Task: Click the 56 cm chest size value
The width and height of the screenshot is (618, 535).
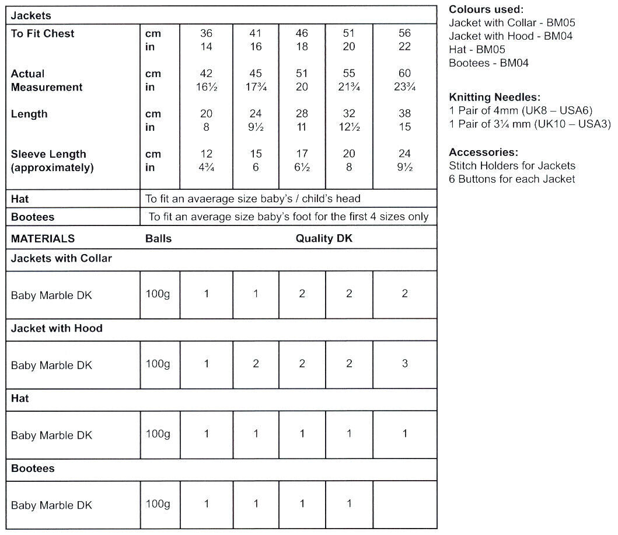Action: point(404,33)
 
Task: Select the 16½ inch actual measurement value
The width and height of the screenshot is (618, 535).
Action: point(206,87)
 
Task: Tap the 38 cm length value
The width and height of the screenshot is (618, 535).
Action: point(404,113)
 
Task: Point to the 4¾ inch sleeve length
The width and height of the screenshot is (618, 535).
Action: point(206,168)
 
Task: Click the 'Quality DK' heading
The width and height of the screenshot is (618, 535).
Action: point(324,238)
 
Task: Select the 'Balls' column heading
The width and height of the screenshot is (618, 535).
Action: point(158,238)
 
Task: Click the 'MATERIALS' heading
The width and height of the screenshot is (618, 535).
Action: point(43,238)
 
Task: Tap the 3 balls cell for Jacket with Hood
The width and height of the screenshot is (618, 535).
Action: point(404,363)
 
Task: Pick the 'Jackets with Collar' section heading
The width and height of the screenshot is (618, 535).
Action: point(61,258)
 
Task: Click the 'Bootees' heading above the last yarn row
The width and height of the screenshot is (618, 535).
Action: point(33,468)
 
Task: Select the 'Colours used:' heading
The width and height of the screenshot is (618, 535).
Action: point(486,10)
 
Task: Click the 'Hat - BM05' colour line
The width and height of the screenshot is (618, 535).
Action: point(477,50)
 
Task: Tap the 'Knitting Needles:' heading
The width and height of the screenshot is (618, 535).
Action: point(495,97)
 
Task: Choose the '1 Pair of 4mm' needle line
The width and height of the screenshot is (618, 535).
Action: point(521,110)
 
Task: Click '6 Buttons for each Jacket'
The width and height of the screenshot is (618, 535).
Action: point(512,179)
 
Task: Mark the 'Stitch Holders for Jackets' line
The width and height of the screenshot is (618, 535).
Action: point(512,166)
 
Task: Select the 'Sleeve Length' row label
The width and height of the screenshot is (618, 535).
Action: point(48,154)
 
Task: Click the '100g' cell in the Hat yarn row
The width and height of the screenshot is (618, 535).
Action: point(158,434)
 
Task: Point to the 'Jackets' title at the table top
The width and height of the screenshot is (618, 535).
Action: point(31,16)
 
